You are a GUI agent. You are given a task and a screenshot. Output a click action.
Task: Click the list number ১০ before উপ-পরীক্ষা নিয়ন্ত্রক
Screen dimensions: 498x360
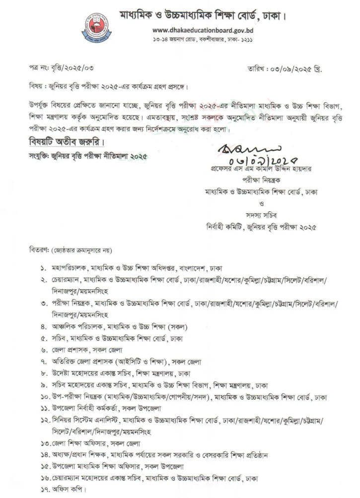coord(45,397)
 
